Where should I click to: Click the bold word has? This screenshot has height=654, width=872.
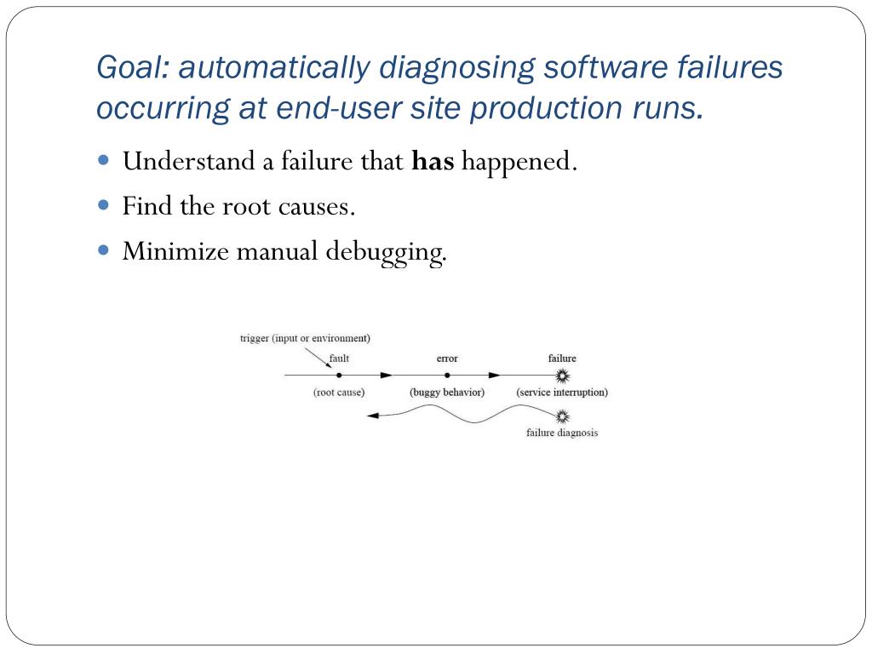coord(433,161)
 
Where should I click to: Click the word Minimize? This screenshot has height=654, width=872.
coord(175,251)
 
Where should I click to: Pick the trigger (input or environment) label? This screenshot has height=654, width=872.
coord(305,338)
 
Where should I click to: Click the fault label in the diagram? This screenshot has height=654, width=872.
coord(339,359)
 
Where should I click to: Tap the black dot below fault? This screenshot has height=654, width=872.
coord(339,375)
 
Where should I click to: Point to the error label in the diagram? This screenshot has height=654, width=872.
coord(447,359)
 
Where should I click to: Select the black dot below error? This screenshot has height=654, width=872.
coord(447,375)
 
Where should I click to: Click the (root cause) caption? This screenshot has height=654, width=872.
coord(339,393)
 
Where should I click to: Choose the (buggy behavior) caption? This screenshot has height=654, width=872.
coord(447,393)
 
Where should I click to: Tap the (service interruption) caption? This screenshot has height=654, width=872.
coord(562,393)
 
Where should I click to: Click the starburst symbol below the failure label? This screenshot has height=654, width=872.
coord(561,375)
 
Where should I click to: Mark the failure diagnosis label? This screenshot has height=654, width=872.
coord(562,433)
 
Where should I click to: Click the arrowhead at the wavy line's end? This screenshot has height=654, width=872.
coord(372,416)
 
